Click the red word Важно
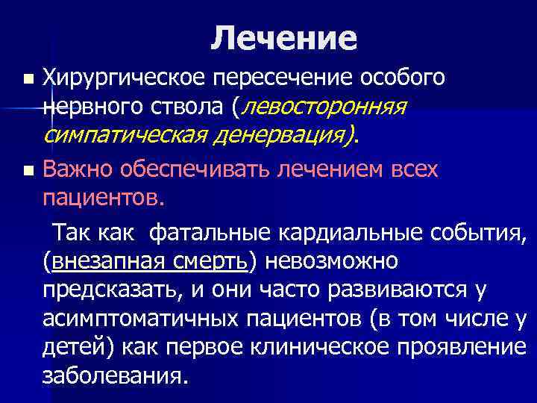click(x=75, y=170)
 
